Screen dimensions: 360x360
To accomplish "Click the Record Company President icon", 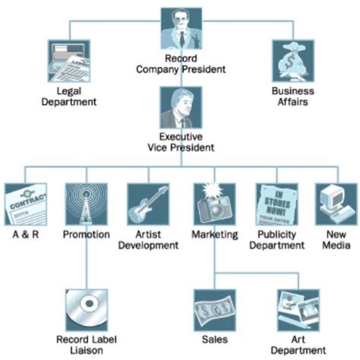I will [181, 29].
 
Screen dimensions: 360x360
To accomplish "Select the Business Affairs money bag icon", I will [292, 61].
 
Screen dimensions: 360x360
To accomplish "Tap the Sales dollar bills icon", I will [213, 310].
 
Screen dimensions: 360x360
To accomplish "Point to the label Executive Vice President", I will [181, 143].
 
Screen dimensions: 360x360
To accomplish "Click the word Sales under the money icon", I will [214, 339].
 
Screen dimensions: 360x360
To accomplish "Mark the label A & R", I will [25, 235].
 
